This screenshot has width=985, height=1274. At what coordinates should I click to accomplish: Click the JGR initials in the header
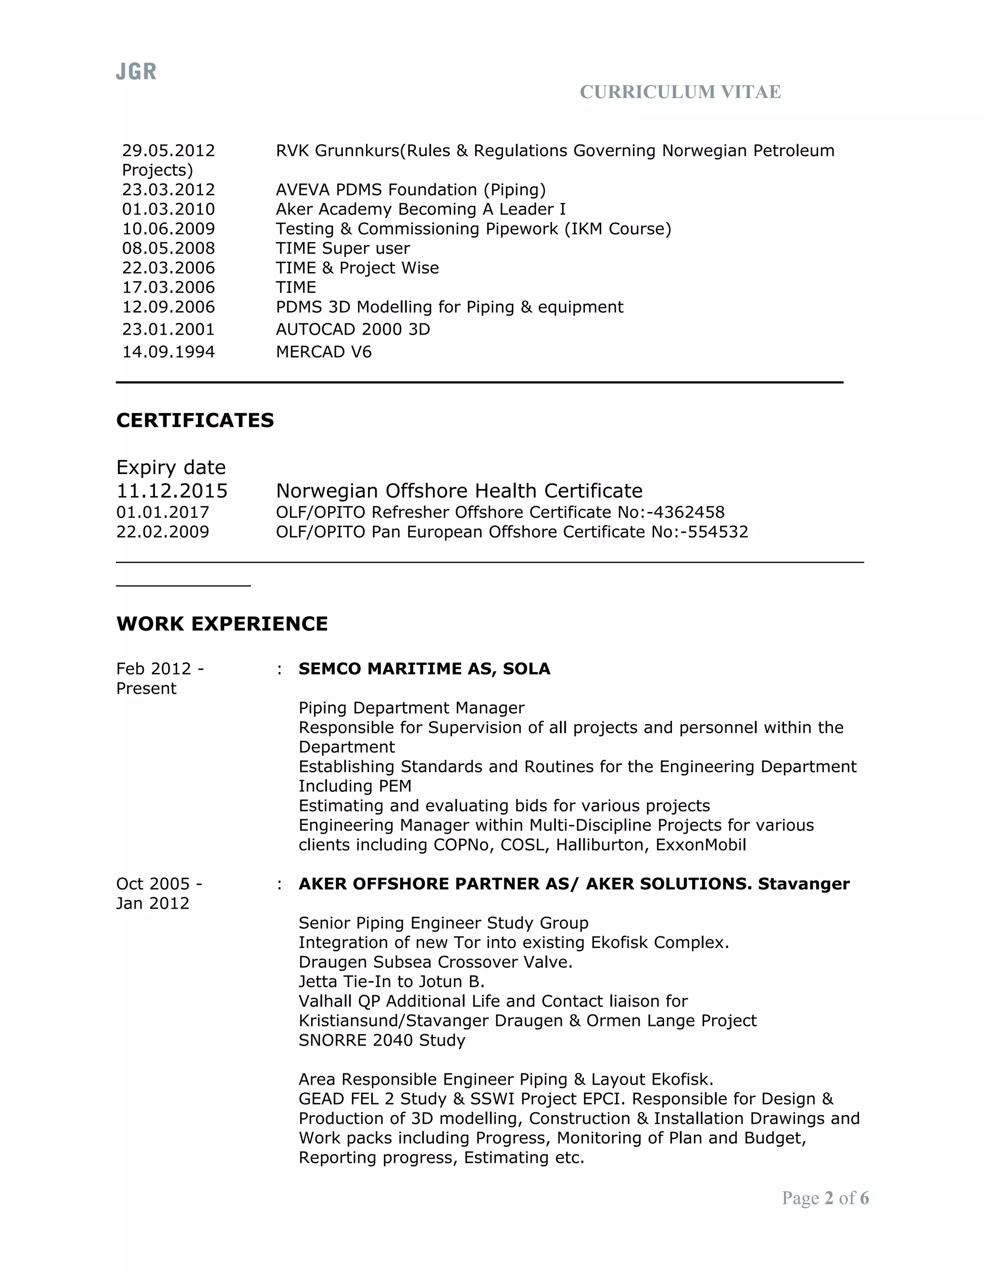tap(136, 72)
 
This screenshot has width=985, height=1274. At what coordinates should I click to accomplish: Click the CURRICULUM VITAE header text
tap(680, 92)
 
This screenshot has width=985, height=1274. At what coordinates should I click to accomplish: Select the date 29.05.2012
tap(168, 150)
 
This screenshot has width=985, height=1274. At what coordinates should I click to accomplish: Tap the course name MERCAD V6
tap(323, 352)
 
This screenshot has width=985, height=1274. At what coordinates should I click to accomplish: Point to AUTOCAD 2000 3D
tap(353, 330)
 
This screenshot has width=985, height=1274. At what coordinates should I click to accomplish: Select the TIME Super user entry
tap(342, 249)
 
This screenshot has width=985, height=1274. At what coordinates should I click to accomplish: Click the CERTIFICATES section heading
tap(195, 420)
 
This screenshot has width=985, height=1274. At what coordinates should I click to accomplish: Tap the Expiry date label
tap(170, 467)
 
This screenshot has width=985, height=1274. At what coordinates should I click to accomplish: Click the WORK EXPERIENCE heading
tap(222, 624)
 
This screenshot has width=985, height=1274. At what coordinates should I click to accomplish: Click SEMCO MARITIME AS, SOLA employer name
tap(424, 669)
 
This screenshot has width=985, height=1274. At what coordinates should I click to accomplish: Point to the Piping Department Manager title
tap(411, 708)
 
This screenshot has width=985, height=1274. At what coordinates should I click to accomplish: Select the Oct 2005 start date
tap(153, 884)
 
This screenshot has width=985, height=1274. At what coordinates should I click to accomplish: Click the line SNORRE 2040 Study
tap(381, 1040)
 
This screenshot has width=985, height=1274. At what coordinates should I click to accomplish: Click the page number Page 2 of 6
tap(825, 1198)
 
